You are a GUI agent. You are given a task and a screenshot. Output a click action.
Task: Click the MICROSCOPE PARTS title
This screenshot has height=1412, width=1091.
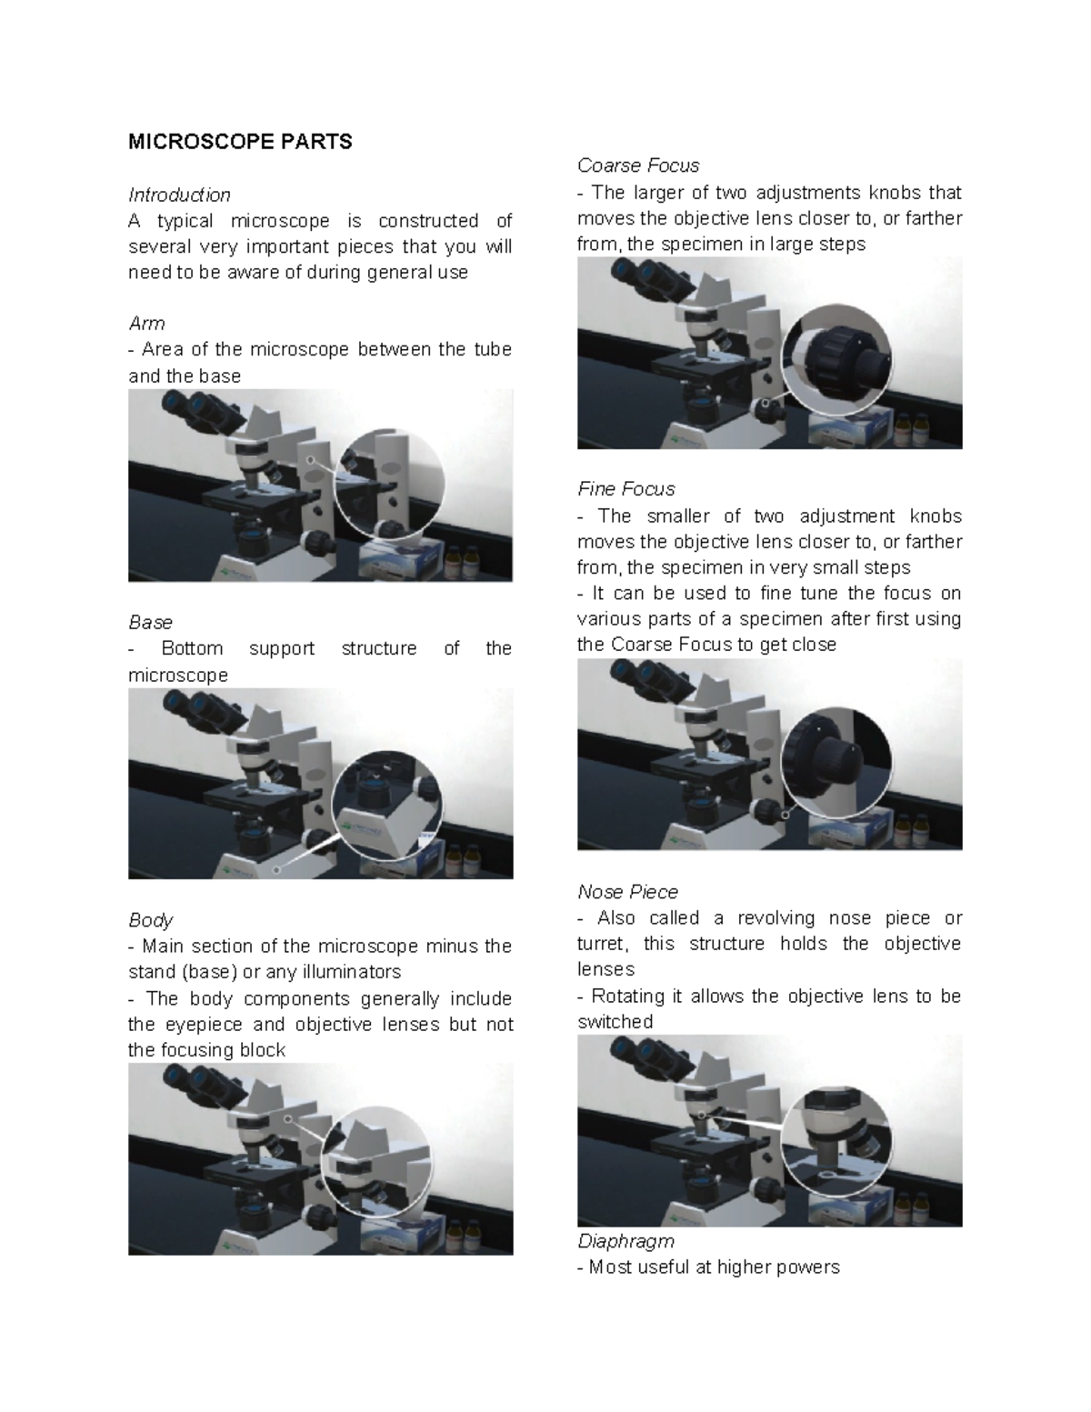pyautogui.click(x=240, y=142)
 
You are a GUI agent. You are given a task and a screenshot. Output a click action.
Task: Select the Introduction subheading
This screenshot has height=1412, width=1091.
pyautogui.click(x=179, y=195)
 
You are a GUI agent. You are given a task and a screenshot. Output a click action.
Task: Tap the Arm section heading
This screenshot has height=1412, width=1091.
pyautogui.click(x=146, y=324)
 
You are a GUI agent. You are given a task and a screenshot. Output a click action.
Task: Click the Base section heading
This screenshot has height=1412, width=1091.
pyautogui.click(x=150, y=623)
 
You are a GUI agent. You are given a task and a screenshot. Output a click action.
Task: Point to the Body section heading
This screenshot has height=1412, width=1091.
pyautogui.click(x=150, y=920)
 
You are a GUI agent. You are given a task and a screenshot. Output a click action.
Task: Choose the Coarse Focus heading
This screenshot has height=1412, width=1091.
pyautogui.click(x=638, y=165)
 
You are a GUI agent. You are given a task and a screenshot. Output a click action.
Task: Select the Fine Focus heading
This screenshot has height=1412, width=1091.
pyautogui.click(x=626, y=489)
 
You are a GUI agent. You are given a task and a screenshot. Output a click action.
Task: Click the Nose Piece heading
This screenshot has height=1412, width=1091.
pyautogui.click(x=627, y=892)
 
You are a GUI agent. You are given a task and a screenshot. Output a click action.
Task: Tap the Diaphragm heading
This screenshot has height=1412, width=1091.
pyautogui.click(x=626, y=1241)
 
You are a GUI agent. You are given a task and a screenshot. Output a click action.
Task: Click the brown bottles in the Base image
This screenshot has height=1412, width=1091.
pyautogui.click(x=464, y=857)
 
